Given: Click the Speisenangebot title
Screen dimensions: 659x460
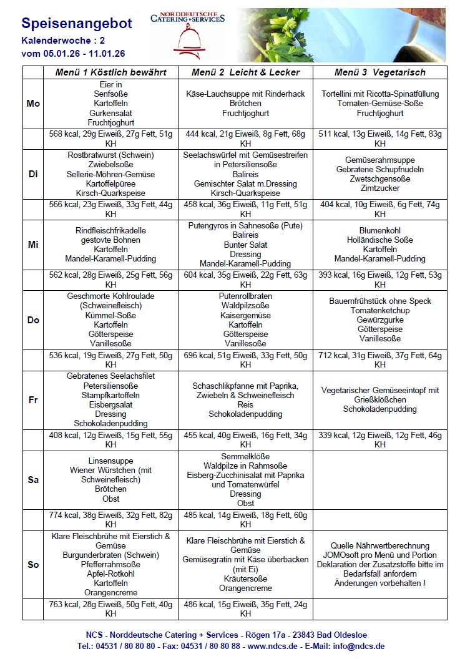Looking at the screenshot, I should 77,24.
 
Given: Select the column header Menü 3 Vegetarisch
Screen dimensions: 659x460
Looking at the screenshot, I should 379,72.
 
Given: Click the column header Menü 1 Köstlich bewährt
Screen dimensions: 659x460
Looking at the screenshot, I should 110,72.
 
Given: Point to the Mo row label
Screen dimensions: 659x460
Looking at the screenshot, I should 33,104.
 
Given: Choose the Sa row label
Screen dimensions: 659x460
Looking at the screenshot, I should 33,480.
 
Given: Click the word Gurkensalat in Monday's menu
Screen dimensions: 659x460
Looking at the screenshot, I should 110,113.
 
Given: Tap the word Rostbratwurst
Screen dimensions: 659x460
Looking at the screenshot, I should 94,155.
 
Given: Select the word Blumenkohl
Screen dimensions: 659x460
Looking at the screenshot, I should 379,230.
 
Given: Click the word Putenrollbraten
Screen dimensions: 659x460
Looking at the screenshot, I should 245,296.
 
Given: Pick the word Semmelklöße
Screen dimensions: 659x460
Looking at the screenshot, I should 245,456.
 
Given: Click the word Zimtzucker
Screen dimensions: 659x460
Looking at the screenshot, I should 379,188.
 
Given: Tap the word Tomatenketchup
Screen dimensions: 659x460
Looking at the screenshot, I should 379,310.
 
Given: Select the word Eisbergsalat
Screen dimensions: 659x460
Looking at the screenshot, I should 110,404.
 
